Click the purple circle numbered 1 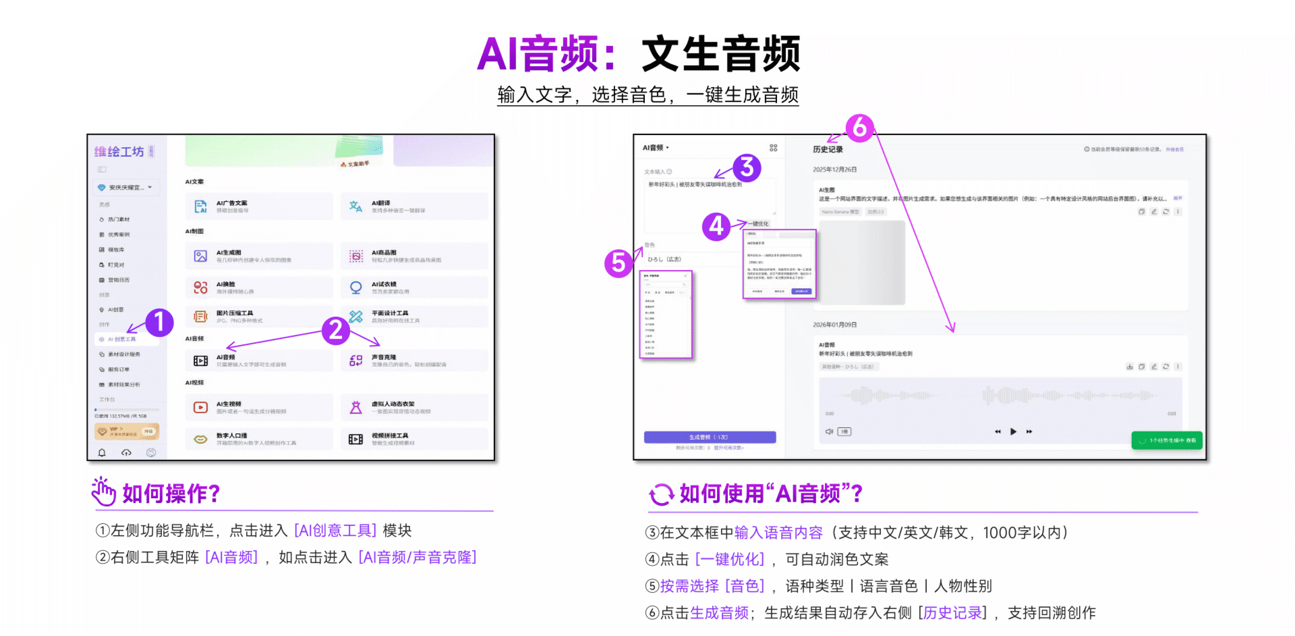pos(159,322)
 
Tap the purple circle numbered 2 pos(335,330)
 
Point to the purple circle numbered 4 pos(716,227)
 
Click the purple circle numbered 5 pos(618,263)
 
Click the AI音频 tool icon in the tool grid pos(201,361)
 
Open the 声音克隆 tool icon pos(355,361)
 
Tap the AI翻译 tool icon pos(355,206)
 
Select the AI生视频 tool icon pos(201,407)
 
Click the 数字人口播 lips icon pos(201,439)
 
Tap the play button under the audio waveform pos(1013,431)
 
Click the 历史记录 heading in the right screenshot pos(827,149)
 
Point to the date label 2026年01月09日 pos(834,325)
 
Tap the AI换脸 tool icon pos(201,288)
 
